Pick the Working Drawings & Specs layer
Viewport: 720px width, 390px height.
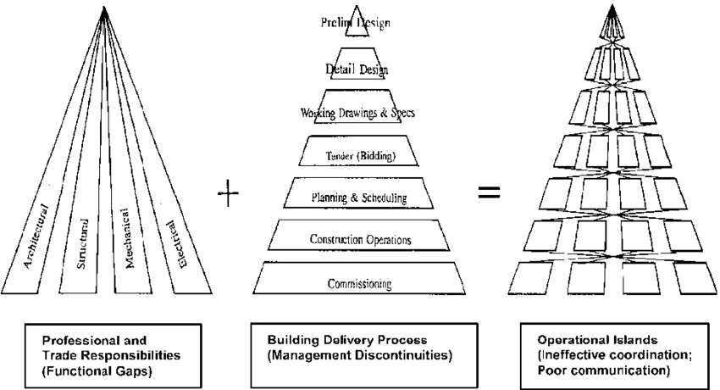click(356, 112)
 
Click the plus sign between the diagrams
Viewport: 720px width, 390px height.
click(229, 196)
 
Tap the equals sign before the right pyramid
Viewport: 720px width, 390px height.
click(489, 194)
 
